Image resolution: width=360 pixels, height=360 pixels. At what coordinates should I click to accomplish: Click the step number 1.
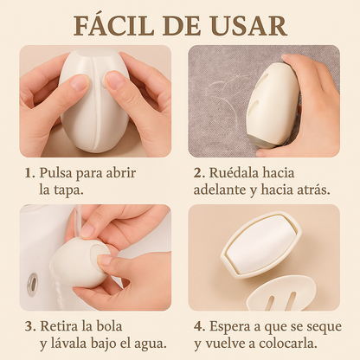point(29,173)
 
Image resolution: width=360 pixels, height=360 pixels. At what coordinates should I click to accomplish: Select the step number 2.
point(199,173)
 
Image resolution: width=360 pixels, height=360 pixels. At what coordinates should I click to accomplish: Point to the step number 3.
point(30,327)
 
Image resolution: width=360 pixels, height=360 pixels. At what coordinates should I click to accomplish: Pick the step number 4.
point(199,327)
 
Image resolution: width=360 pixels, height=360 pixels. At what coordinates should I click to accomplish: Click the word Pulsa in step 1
point(55,173)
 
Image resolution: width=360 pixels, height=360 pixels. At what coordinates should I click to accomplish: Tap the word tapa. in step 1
point(68,190)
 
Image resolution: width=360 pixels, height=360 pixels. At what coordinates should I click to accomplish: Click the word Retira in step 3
point(59,326)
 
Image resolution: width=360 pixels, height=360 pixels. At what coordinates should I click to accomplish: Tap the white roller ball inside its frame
point(261,245)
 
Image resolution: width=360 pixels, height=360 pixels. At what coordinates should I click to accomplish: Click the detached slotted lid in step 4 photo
point(281,294)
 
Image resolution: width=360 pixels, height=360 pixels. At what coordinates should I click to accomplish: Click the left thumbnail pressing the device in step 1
point(79,83)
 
